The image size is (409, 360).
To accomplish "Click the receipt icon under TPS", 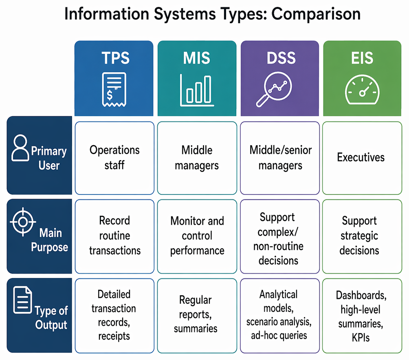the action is click(x=114, y=90).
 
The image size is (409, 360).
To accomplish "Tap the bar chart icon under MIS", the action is click(x=197, y=90).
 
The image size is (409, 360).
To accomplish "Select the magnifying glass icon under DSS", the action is click(x=274, y=89).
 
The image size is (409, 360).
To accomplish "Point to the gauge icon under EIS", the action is click(x=362, y=90).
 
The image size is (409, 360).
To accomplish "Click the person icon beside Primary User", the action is click(x=20, y=148).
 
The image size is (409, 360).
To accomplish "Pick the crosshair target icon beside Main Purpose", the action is click(x=23, y=222).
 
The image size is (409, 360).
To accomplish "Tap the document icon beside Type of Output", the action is click(x=23, y=300).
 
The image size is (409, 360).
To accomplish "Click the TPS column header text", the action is click(x=115, y=58).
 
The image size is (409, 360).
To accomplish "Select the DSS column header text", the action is click(x=281, y=58).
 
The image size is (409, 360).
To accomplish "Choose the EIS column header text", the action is click(x=362, y=58).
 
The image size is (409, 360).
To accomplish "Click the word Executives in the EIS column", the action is click(x=361, y=157).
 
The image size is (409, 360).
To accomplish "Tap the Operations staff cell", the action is click(x=114, y=158).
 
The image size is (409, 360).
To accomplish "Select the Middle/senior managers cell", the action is click(x=280, y=158).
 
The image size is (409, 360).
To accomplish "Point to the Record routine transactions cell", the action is click(x=114, y=236).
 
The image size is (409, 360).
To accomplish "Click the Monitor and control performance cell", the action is click(x=197, y=236).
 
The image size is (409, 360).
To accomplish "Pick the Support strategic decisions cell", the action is click(x=362, y=236).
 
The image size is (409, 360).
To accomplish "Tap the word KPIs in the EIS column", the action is click(x=361, y=338).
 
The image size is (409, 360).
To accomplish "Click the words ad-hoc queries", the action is click(x=279, y=336).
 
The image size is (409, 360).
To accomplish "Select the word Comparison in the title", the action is click(x=316, y=14).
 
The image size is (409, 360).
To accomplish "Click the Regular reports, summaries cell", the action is click(x=197, y=316).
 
